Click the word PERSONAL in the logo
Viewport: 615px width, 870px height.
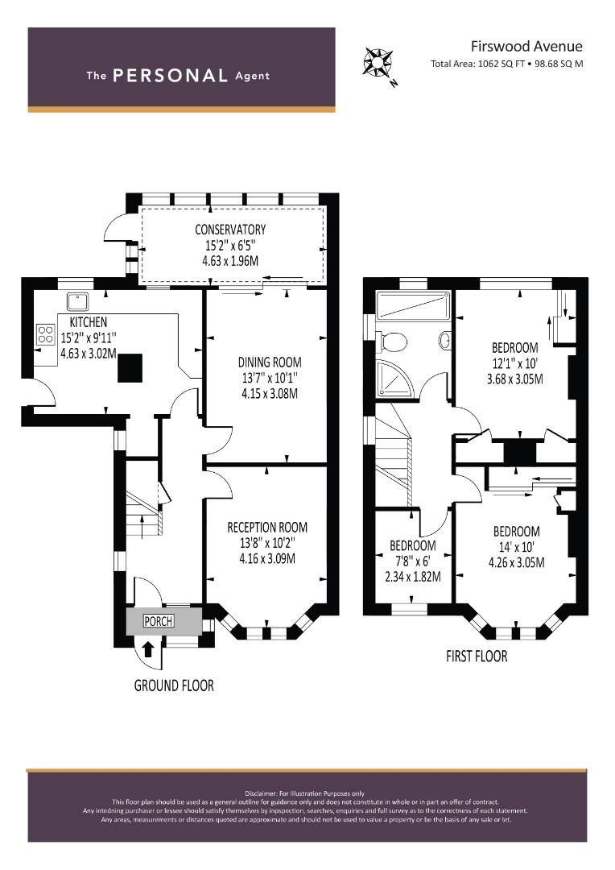[170, 76]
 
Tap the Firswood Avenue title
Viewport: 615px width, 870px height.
[526, 46]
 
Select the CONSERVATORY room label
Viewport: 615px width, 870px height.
[230, 229]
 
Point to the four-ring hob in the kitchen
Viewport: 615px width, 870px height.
[45, 334]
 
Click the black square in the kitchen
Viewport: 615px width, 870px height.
[130, 368]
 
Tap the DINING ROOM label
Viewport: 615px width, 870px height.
[270, 362]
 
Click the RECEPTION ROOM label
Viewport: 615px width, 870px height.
[267, 527]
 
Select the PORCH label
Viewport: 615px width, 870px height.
[158, 621]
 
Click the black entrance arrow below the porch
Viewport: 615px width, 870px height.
[148, 648]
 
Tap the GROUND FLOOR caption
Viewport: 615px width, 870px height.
[174, 686]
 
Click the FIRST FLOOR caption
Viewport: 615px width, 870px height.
[477, 657]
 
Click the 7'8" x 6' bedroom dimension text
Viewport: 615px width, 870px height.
[413, 561]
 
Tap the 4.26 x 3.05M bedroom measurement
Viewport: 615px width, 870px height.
[516, 562]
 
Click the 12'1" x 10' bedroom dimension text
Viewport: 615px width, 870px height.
[514, 364]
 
